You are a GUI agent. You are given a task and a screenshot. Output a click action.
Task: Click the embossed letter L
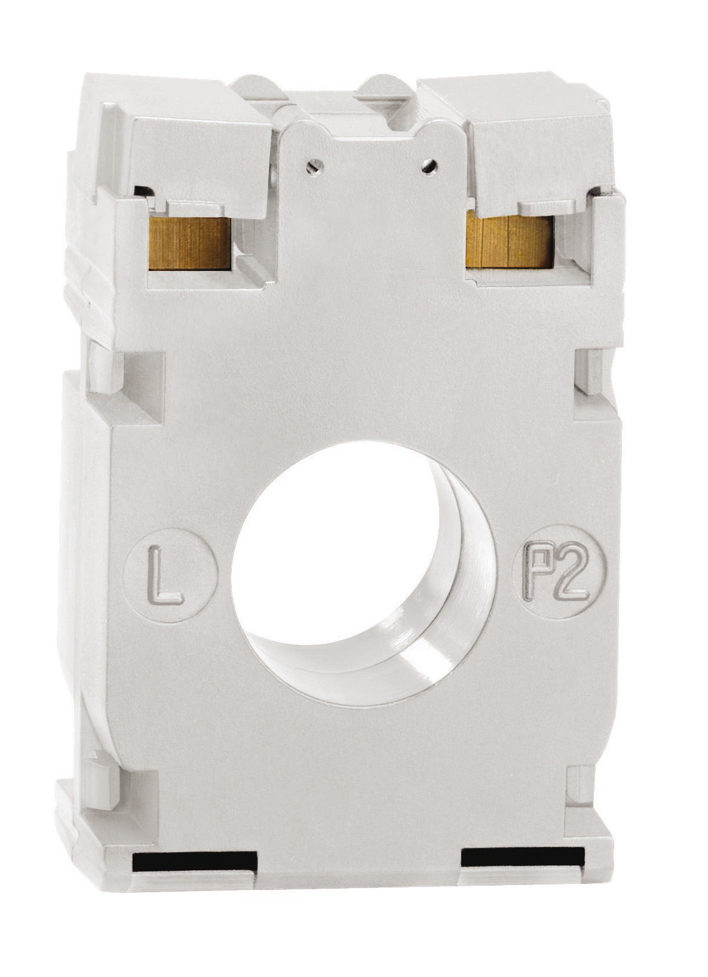pos(164,575)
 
